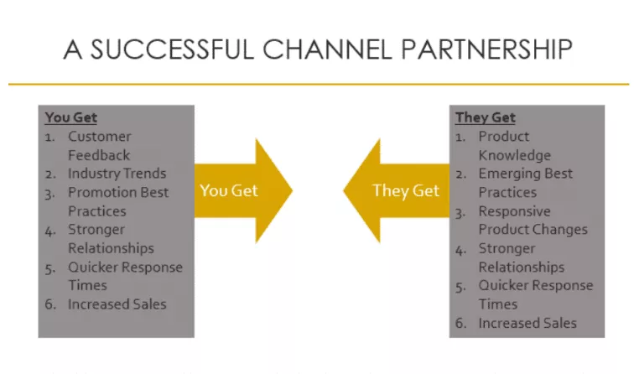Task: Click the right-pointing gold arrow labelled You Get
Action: point(239,190)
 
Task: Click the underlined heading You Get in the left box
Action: point(71,117)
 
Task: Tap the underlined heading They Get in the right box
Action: point(486,117)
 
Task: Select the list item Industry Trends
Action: point(117,174)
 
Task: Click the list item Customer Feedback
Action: point(100,146)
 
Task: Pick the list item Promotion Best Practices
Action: point(117,201)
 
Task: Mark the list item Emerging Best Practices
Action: point(525,183)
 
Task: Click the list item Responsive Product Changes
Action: point(532,220)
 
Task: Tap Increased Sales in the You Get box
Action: point(117,304)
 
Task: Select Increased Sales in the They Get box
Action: point(527,323)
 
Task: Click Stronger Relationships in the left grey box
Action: point(111,238)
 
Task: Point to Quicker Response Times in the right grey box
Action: point(535,293)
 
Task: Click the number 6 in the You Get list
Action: point(50,304)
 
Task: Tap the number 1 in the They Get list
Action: point(460,137)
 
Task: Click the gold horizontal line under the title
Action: point(319,84)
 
